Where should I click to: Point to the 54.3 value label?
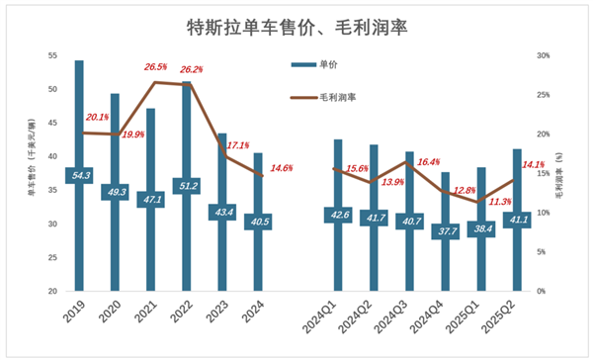pos(79,175)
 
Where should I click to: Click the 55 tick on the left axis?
pos(51,55)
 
